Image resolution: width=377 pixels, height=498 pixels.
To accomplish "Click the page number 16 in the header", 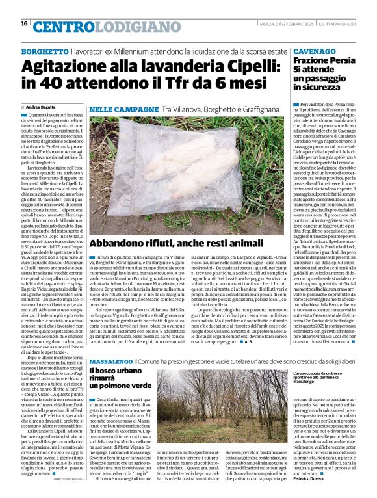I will (x=24, y=23).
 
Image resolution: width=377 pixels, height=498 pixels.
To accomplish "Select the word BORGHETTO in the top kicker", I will (x=45, y=51).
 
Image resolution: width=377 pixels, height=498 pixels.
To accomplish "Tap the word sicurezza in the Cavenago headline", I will (x=316, y=86).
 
